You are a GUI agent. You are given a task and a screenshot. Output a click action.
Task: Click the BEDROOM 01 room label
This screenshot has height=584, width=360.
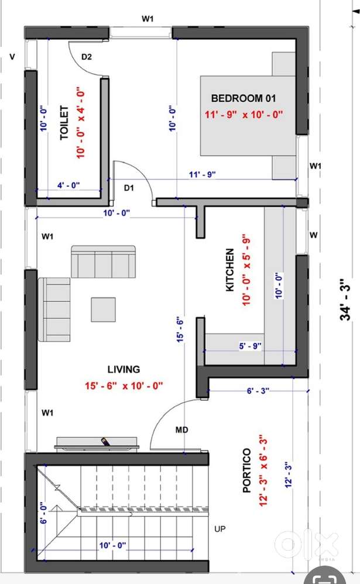click(244, 98)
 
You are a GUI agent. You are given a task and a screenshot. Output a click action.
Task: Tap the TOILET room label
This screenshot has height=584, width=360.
click(64, 122)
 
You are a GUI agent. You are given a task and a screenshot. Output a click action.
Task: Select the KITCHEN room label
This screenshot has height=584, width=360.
click(230, 270)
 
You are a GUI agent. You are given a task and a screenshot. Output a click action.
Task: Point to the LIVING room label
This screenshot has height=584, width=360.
click(124, 369)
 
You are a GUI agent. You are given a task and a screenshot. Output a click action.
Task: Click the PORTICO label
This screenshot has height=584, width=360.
click(246, 470)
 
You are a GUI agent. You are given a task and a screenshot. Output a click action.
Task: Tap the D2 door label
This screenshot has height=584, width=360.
click(87, 57)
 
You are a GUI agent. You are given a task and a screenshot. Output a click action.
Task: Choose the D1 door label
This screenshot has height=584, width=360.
click(129, 188)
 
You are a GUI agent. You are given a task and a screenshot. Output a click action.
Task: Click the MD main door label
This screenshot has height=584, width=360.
click(182, 430)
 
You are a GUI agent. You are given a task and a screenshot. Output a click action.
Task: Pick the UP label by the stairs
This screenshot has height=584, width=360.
click(220, 529)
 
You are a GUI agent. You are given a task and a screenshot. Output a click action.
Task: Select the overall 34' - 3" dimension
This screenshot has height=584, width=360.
click(345, 299)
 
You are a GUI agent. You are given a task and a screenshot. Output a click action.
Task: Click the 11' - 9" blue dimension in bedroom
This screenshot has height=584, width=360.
click(203, 174)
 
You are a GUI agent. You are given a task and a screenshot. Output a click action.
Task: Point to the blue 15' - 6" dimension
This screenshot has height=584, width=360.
click(180, 329)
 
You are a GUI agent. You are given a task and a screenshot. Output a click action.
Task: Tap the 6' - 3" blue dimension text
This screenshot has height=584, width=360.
click(258, 391)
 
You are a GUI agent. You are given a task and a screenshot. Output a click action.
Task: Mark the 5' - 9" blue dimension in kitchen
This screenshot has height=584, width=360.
click(250, 346)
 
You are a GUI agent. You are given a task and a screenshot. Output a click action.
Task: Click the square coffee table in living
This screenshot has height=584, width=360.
click(103, 310)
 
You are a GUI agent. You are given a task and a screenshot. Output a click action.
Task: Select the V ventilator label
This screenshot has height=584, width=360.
click(13, 57)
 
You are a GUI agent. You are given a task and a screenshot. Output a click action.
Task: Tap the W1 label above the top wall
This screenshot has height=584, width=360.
click(148, 19)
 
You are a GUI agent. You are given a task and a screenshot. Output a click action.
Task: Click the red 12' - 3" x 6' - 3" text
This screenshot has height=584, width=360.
click(263, 470)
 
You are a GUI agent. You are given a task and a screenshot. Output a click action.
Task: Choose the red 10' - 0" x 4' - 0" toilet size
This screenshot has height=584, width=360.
click(80, 122)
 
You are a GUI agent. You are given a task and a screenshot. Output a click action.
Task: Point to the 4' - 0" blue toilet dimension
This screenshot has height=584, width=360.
click(68, 185)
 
